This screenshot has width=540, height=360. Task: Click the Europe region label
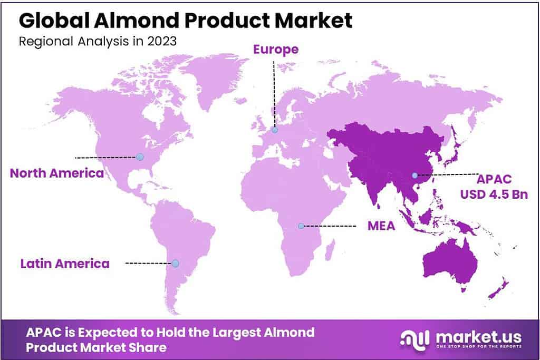pyautogui.click(x=276, y=50)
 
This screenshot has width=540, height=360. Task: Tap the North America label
pyautogui.click(x=57, y=173)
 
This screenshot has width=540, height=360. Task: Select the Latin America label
pyautogui.click(x=65, y=264)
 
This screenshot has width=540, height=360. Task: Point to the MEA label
pyautogui.click(x=381, y=226)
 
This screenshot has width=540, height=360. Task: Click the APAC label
pyautogui.click(x=494, y=179)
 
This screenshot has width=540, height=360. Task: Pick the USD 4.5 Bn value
pyautogui.click(x=494, y=194)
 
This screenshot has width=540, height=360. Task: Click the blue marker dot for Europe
pyautogui.click(x=274, y=130)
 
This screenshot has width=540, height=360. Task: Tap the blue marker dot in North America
pyautogui.click(x=140, y=157)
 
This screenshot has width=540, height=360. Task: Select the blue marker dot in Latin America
pyautogui.click(x=175, y=264)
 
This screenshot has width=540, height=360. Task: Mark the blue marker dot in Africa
pyautogui.click(x=301, y=226)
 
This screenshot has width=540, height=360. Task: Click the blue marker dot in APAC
pyautogui.click(x=414, y=176)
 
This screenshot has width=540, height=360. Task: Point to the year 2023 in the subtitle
pyautogui.click(x=162, y=41)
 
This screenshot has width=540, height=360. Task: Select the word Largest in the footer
pyautogui.click(x=236, y=333)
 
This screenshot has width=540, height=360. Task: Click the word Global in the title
pyautogui.click(x=54, y=21)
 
